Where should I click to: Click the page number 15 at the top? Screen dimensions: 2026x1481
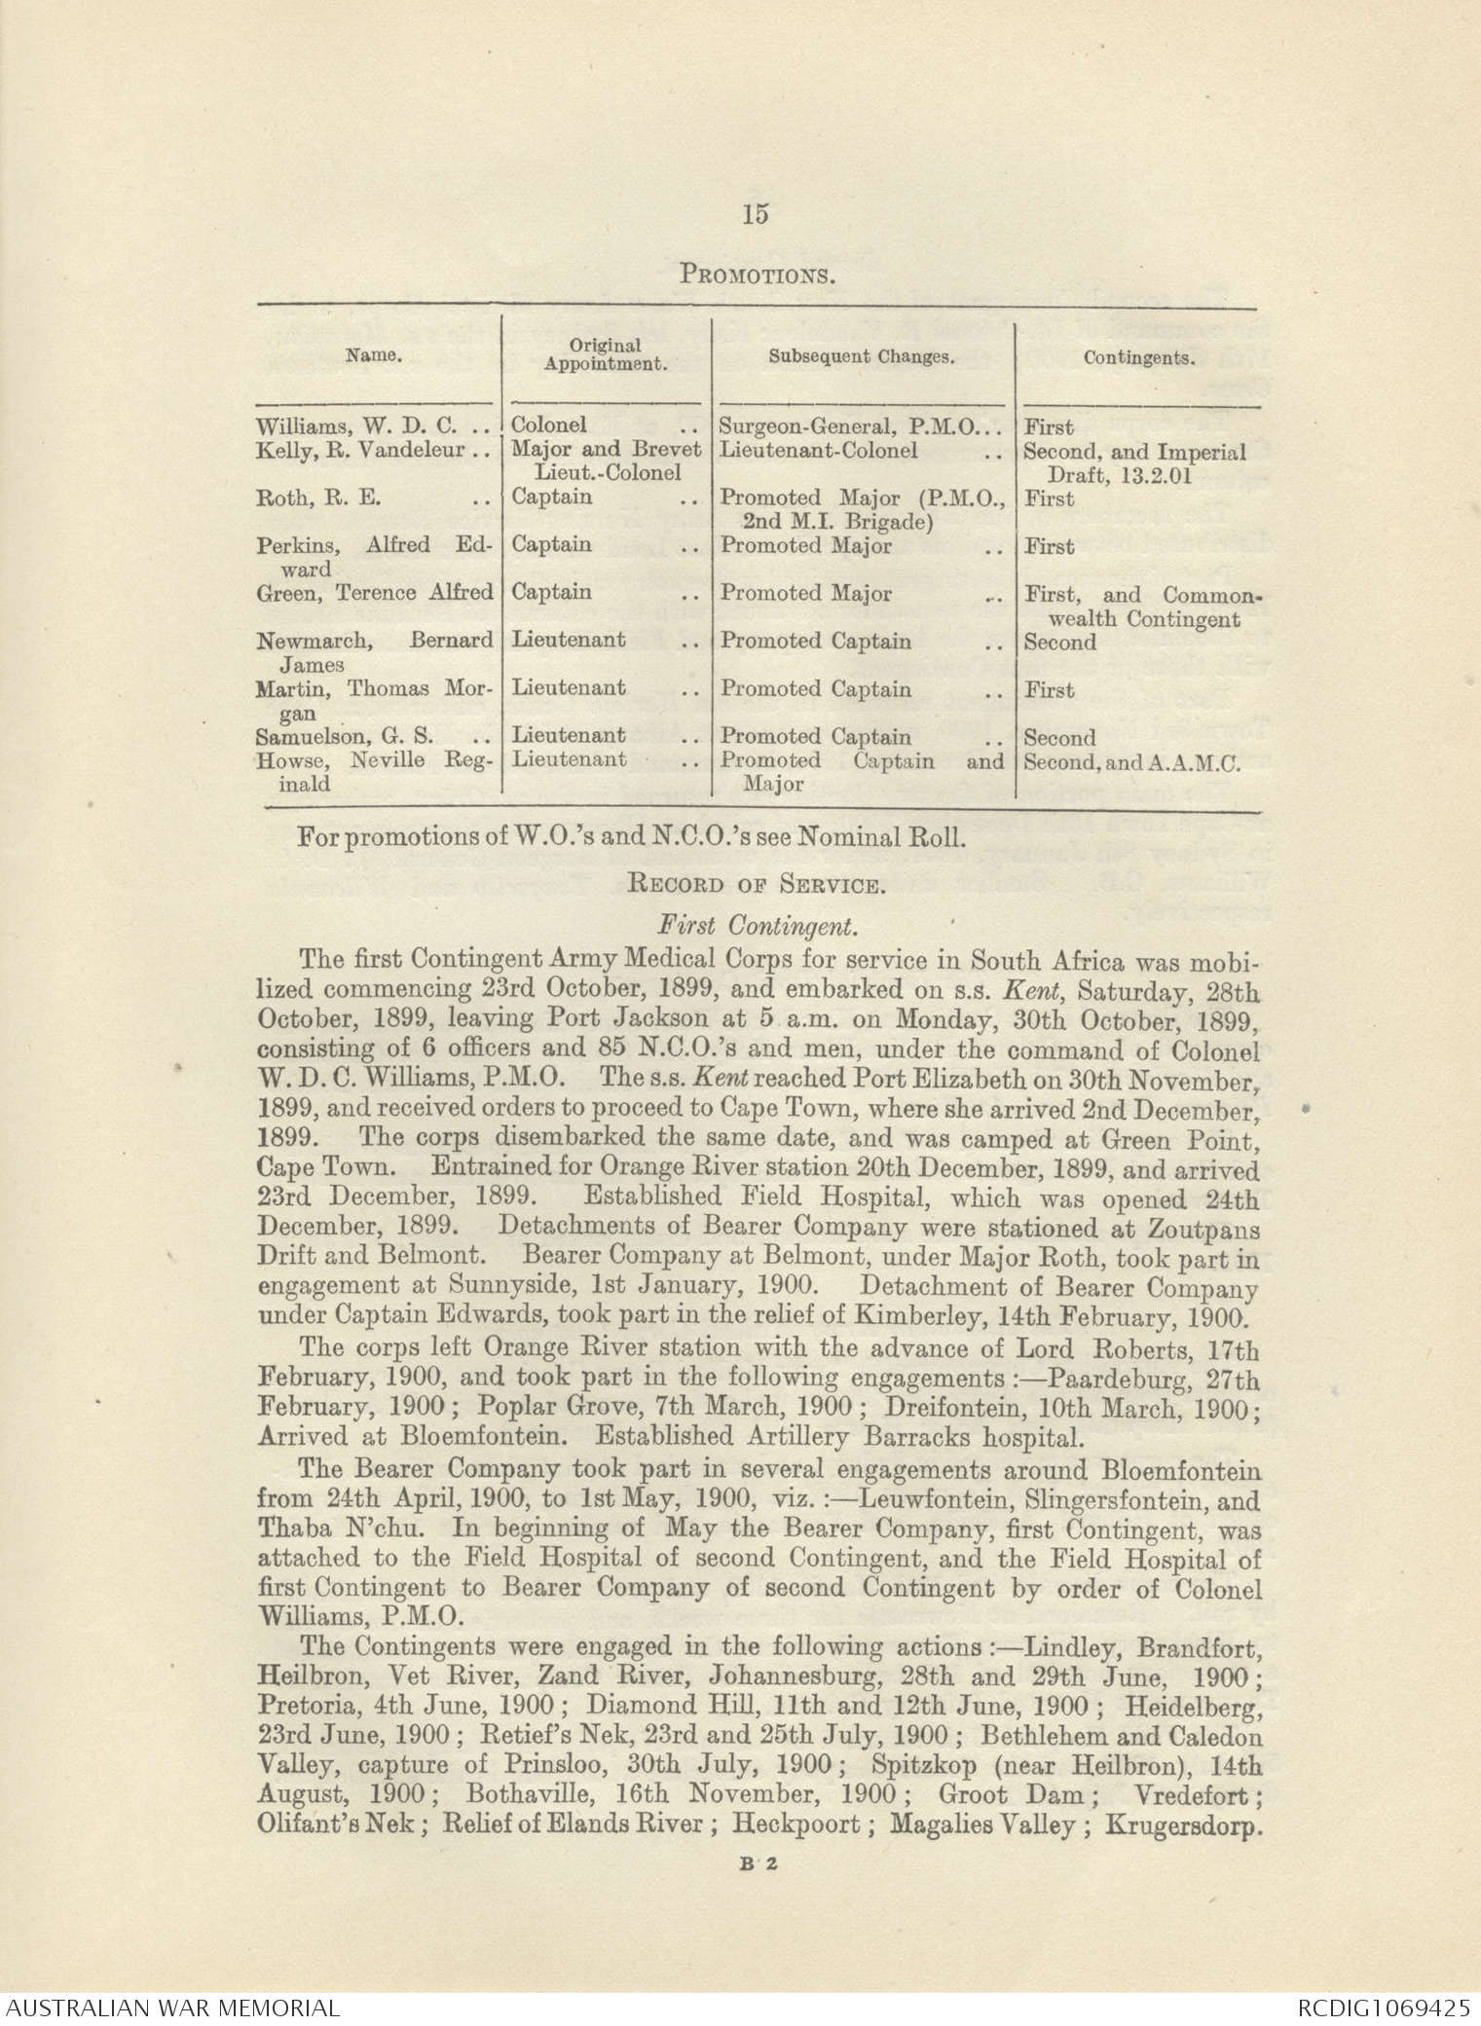(756, 213)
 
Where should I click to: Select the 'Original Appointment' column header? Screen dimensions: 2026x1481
(605, 355)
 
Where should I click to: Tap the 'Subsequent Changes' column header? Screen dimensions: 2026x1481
(861, 356)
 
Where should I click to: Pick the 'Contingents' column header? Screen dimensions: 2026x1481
(1139, 357)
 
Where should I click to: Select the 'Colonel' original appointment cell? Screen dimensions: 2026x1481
(549, 425)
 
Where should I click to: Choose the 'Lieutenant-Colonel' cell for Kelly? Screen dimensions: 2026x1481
(818, 451)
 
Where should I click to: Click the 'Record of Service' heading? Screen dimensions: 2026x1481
(759, 886)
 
